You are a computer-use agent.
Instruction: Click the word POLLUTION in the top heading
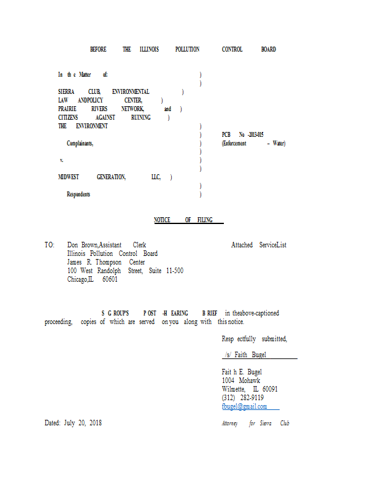(187, 49)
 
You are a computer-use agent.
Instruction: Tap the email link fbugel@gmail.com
(245, 406)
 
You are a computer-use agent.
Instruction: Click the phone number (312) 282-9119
(242, 398)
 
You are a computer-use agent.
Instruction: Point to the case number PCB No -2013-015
(242, 134)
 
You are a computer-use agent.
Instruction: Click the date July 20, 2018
(83, 423)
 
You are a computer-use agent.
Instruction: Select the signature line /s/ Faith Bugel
(245, 355)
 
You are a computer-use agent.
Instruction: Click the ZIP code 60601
(110, 279)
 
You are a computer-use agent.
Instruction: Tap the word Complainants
(80, 144)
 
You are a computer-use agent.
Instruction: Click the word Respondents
(78, 194)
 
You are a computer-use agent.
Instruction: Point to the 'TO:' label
(50, 245)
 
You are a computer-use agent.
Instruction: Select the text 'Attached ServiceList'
(259, 245)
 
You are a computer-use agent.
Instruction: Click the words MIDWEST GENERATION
(92, 177)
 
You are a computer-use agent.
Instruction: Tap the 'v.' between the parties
(62, 160)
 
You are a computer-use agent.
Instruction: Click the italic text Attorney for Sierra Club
(256, 423)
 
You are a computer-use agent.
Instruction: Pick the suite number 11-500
(175, 271)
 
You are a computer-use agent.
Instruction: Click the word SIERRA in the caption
(66, 91)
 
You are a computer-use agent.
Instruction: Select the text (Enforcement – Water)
(253, 144)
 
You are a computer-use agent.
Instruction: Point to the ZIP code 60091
(270, 389)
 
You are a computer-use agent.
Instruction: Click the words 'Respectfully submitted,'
(255, 339)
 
